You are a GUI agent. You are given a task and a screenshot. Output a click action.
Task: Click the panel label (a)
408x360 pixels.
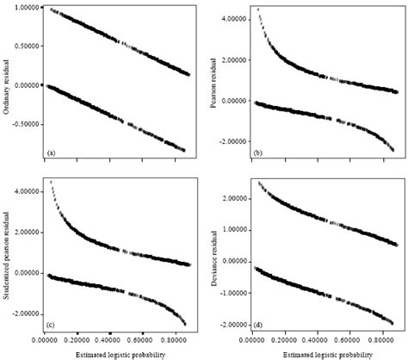(x=52, y=152)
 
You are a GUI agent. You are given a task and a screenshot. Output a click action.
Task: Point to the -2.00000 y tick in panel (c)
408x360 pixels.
(x=27, y=313)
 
